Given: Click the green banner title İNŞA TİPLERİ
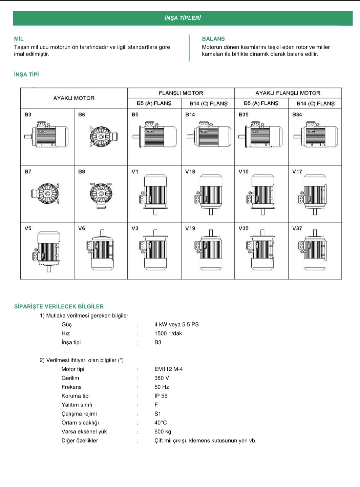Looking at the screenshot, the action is tap(183, 18).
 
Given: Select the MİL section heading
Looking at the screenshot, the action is tap(19, 39).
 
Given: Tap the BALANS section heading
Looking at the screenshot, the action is tap(213, 39).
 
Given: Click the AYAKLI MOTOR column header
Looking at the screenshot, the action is tap(74, 98).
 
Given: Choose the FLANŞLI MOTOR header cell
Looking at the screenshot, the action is tap(181, 93).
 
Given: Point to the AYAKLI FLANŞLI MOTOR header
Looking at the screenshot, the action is tap(288, 93).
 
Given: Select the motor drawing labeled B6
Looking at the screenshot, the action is tap(104, 136).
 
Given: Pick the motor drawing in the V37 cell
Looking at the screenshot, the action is tap(312, 250).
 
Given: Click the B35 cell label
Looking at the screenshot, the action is tap(243, 115).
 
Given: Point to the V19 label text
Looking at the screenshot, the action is tap(190, 228).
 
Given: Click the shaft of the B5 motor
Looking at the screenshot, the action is tap(136, 137).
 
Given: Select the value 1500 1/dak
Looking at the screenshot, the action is tap(168, 333).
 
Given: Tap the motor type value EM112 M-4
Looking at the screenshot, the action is tap(169, 369).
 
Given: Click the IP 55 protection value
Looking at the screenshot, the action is tap(161, 396).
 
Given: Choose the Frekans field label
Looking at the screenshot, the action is tap(71, 387).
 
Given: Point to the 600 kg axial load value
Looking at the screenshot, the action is tap(163, 432).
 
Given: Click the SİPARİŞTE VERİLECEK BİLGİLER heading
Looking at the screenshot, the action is tap(59, 306).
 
